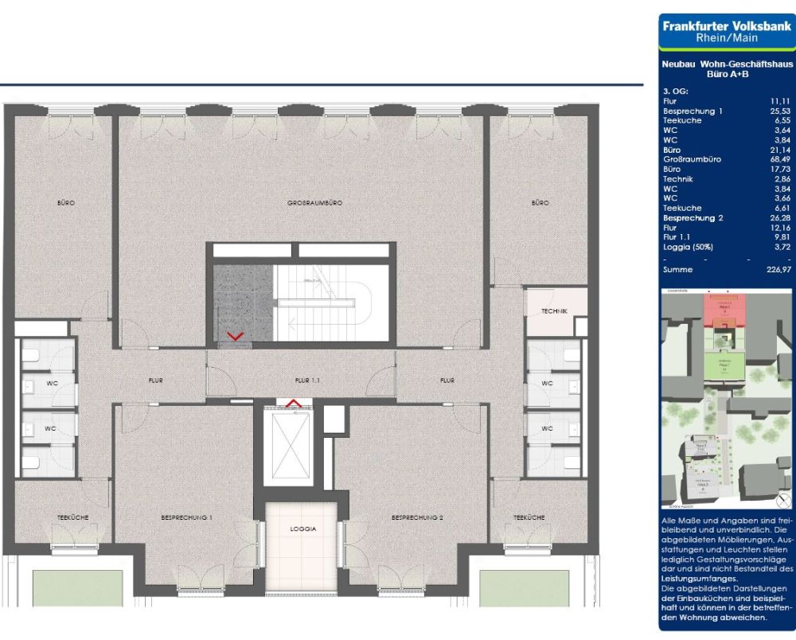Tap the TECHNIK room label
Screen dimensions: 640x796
(x=555, y=311)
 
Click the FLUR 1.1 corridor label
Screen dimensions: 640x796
(x=306, y=382)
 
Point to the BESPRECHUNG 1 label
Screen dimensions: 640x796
(x=186, y=517)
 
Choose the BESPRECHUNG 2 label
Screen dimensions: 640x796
(x=417, y=517)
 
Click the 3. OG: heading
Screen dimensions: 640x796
(x=674, y=92)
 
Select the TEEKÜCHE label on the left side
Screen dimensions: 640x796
(x=73, y=517)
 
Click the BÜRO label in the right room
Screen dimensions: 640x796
(x=540, y=204)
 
